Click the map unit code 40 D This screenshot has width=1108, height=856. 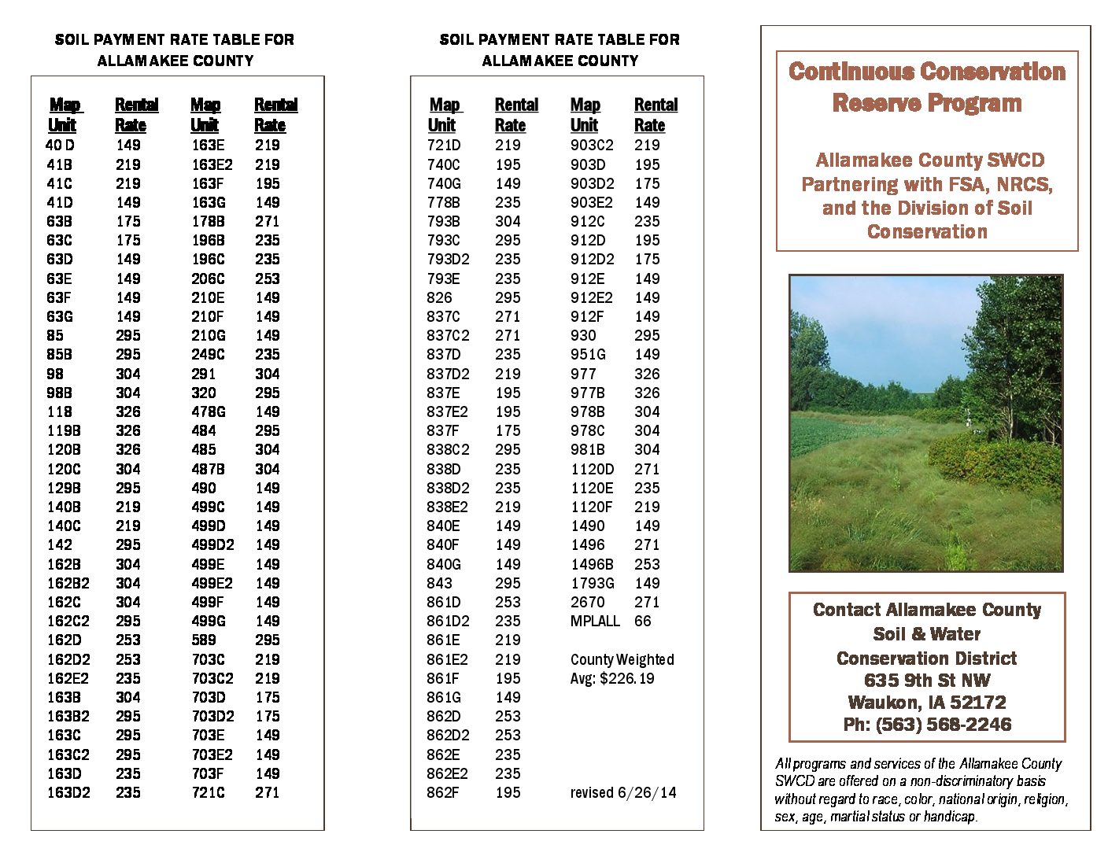[x=60, y=145]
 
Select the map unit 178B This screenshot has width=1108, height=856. [x=208, y=221]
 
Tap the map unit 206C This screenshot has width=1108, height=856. [x=208, y=279]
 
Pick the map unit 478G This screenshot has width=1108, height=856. [x=209, y=411]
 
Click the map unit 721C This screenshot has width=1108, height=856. [x=208, y=792]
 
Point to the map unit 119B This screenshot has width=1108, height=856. [x=63, y=430]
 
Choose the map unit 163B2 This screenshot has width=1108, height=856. [x=68, y=716]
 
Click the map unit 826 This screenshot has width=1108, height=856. [x=439, y=297]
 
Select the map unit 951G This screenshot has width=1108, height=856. [x=588, y=354]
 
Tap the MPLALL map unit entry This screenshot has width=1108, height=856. [x=595, y=621]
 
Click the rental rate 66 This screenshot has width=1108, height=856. [x=643, y=621]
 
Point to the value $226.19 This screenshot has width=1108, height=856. [x=626, y=678]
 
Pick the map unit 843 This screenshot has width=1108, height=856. [x=439, y=583]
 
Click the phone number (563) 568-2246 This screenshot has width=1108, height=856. [x=944, y=725]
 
